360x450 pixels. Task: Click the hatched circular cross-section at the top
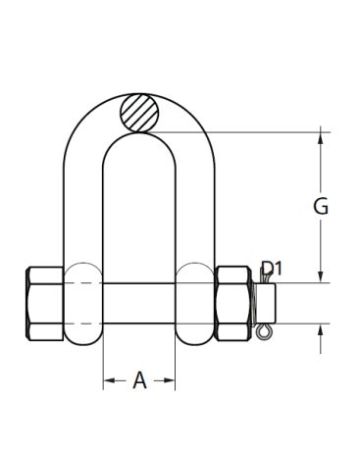[x=139, y=113]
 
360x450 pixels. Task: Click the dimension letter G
[x=321, y=207]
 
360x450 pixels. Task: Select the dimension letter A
[x=139, y=380]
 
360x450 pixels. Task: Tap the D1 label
[x=272, y=269]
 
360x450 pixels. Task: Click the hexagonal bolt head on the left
[x=44, y=304]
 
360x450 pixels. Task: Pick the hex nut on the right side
[x=233, y=304]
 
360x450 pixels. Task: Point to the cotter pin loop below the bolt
[x=263, y=331]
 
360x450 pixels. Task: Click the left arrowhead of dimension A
[x=110, y=380]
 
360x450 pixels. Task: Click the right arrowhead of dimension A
[x=169, y=380]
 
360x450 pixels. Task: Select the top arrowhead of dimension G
[x=321, y=138]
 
